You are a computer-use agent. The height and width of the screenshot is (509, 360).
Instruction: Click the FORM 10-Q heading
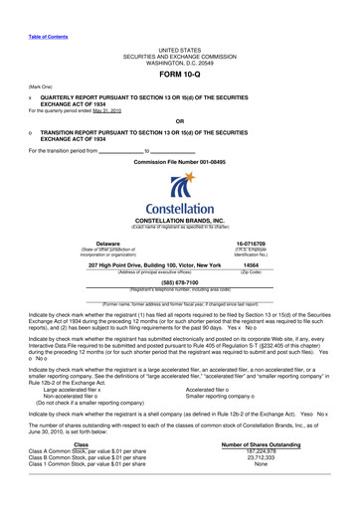pos(179,74)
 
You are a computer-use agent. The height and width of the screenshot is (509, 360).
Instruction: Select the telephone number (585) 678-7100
pos(179,281)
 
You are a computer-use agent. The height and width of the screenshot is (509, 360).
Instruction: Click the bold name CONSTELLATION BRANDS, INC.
pos(179,223)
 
